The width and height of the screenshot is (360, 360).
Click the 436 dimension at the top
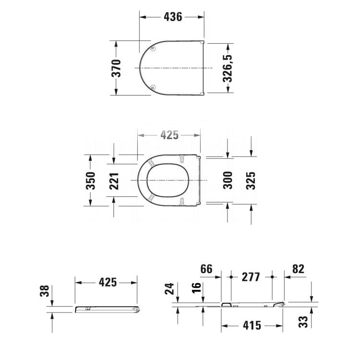[173, 17]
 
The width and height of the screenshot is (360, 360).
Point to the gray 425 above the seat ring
[169, 135]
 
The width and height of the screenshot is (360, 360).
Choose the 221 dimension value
[113, 180]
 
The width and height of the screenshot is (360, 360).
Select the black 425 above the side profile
[108, 282]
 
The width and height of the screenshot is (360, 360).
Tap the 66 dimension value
[206, 269]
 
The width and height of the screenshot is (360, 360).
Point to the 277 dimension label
[251, 277]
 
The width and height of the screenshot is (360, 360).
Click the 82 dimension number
[298, 269]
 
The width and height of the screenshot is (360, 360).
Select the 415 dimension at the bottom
[252, 325]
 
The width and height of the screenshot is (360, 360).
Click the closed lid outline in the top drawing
[173, 68]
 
